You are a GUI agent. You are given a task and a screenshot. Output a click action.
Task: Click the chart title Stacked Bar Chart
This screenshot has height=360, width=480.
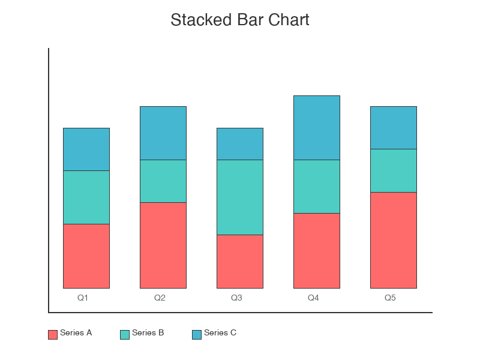pos(240,20)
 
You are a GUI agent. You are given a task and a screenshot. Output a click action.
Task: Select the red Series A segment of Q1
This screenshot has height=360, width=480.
pos(86,256)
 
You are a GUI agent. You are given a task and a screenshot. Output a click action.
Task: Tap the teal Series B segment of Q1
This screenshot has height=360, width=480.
pos(86,197)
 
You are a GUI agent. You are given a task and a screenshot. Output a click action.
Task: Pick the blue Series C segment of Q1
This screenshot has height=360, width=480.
pos(86,149)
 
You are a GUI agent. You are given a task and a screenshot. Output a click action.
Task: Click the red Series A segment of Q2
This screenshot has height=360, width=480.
pos(163,245)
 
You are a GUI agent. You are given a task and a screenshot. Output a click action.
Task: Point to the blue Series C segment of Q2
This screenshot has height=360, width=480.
pos(163,133)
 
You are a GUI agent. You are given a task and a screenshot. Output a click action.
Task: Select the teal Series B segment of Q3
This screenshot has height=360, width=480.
pos(240,197)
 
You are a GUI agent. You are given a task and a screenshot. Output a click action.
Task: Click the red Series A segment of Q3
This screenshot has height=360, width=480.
pos(240,262)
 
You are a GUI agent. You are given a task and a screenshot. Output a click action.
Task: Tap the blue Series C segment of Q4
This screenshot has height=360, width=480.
pos(317,128)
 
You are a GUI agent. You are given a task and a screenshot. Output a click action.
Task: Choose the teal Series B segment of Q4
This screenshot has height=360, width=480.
pos(317,187)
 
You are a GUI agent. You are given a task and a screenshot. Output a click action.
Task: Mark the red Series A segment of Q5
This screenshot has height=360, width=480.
pos(394,240)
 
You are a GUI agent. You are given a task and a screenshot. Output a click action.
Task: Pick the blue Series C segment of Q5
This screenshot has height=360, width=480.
pos(394,128)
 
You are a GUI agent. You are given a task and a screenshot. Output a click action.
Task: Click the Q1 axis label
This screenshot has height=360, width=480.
pos(83,298)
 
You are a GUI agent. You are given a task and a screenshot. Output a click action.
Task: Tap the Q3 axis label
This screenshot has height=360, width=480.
pos(236,298)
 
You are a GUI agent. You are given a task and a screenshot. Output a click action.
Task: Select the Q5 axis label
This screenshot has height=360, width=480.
pos(390,298)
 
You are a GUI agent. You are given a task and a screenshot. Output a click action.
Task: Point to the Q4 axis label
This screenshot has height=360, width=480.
pos(313,298)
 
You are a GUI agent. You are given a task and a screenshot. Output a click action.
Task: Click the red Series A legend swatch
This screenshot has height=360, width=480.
pos(53,335)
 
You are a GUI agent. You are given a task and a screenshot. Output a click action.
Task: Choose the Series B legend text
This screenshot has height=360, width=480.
pos(148,333)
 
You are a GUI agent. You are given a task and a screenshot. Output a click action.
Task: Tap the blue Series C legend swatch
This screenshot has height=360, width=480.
pos(197,335)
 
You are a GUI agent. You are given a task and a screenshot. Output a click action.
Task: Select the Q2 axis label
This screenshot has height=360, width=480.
pos(160,298)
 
